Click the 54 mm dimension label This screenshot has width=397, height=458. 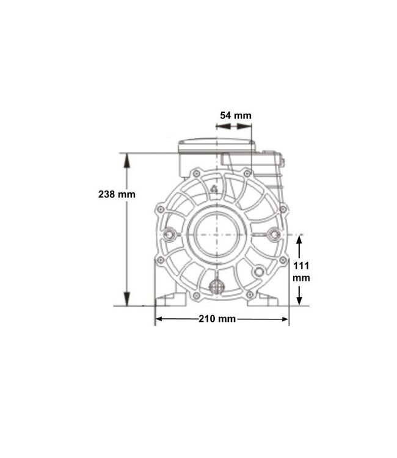click(236, 115)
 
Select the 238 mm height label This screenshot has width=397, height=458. click(117, 194)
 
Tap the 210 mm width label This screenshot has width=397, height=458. click(217, 319)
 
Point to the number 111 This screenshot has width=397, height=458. click(301, 266)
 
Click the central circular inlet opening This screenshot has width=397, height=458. click(217, 234)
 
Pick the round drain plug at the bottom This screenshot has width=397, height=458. click(216, 286)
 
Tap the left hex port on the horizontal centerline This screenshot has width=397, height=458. click(169, 234)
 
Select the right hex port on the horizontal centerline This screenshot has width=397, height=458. click(274, 234)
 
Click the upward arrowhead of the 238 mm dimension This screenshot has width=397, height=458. click(126, 161)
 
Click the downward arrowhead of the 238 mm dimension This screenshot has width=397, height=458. click(126, 299)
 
